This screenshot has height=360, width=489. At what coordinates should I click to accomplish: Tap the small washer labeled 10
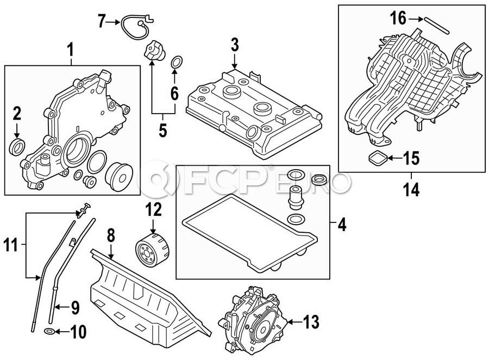click(x=48, y=331)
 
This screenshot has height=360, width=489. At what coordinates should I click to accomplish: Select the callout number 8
click(x=110, y=235)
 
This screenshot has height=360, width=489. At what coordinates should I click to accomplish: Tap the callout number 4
click(x=341, y=223)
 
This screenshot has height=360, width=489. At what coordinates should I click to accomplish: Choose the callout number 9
click(x=75, y=308)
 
